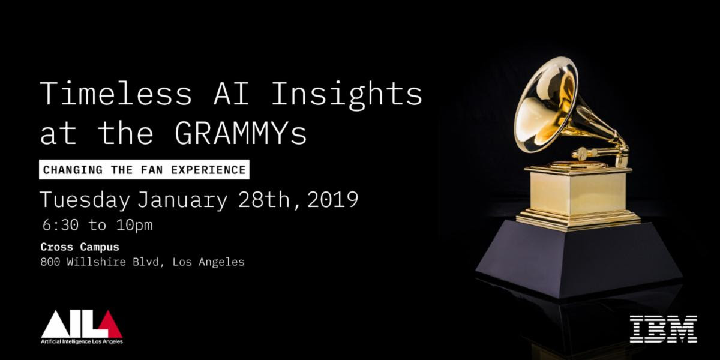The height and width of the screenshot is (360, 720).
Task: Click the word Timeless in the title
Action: (116, 93)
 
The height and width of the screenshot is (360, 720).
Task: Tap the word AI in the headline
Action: (231, 93)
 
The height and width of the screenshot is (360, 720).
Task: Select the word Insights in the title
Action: (347, 95)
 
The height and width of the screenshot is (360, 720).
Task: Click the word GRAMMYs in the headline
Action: (241, 134)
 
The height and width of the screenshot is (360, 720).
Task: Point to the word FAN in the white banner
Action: (151, 170)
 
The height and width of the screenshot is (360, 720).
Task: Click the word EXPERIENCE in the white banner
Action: (208, 170)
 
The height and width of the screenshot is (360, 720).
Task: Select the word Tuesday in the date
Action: (85, 200)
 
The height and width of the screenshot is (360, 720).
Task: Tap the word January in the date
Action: (182, 200)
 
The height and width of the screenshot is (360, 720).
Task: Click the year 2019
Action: (332, 200)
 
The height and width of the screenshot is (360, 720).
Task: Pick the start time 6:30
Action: (61, 225)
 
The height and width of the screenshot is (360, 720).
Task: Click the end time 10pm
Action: (134, 226)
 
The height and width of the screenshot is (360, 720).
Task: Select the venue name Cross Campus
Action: (80, 247)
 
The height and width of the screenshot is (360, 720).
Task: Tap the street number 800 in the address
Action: (50, 262)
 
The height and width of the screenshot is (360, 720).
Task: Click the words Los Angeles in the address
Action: (208, 262)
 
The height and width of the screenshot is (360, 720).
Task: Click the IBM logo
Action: (663, 329)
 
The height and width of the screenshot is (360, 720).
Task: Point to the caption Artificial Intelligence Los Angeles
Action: (82, 341)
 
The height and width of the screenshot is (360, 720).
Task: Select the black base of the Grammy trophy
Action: (578, 257)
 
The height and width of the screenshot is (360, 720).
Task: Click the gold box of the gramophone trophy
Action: (578, 193)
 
